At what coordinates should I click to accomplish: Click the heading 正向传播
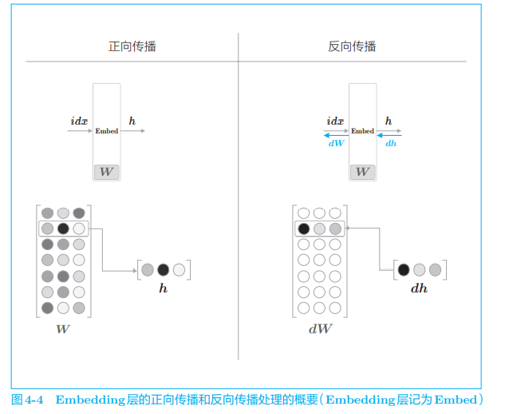tap(132, 46)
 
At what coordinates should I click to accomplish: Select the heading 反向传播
tap(352, 46)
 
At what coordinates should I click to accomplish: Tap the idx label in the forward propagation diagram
tap(79, 121)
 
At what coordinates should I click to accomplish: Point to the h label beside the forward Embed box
tap(132, 121)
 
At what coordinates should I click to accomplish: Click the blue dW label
tap(336, 144)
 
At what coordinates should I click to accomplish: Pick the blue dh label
tap(390, 144)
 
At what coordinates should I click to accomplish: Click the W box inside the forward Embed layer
tap(106, 172)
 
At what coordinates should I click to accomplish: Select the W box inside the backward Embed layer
tap(362, 172)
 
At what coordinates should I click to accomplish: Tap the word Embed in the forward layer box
tap(106, 131)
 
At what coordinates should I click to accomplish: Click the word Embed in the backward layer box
tap(362, 131)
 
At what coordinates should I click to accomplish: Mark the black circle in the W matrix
tap(63, 229)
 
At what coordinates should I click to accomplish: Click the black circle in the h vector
tap(163, 269)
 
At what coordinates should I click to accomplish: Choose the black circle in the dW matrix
tap(303, 229)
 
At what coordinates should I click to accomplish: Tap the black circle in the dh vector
tap(404, 269)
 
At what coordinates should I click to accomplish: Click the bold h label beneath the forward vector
tap(163, 289)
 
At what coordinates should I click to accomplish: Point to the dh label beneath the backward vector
tap(419, 289)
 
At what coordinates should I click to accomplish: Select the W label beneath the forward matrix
tap(62, 328)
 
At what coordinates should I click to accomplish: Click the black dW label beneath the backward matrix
tap(319, 328)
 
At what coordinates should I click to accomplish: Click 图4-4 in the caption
tap(28, 400)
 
